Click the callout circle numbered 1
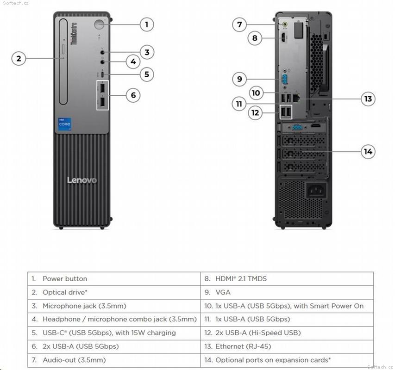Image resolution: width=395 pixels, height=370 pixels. [x=147, y=24]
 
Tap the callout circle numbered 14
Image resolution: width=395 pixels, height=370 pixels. [x=368, y=151]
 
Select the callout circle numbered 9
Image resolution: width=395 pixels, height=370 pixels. [x=239, y=79]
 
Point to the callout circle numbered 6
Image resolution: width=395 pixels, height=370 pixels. [x=133, y=95]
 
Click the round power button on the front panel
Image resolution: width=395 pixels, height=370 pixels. [x=100, y=25]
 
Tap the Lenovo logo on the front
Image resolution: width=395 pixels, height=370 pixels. [x=82, y=180]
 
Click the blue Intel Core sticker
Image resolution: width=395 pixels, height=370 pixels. [x=64, y=124]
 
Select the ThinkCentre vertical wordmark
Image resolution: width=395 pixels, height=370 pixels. [x=74, y=35]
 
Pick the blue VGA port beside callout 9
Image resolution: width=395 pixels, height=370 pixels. [x=285, y=79]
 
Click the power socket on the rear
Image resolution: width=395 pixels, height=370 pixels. [x=316, y=190]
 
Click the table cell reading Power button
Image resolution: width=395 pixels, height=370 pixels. [x=113, y=279]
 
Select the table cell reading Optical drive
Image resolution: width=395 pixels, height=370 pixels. [x=113, y=292]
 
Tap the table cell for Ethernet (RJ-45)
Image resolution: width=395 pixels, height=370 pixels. [x=287, y=346]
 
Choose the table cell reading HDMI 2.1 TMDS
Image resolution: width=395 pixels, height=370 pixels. [x=287, y=279]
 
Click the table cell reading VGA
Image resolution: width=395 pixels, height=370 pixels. [x=287, y=292]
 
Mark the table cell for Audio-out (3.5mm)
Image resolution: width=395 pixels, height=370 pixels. [x=113, y=360]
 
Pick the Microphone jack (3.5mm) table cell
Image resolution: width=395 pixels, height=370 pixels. [x=113, y=306]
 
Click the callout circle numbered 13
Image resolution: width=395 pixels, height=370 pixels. [x=368, y=99]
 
